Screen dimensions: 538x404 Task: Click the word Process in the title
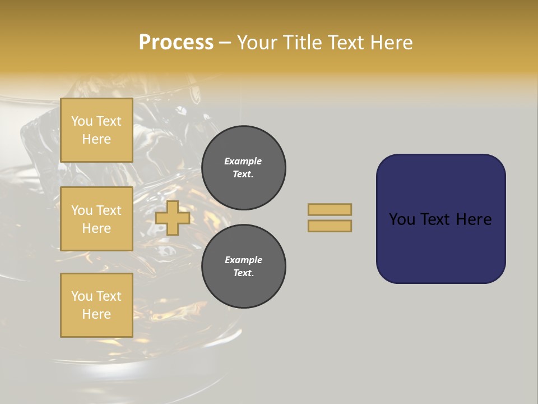176,42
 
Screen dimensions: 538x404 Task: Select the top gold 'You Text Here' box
96,130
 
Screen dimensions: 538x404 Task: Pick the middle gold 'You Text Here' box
96,219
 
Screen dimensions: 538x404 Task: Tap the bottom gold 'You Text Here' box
96,305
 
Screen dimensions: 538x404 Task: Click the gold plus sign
173,218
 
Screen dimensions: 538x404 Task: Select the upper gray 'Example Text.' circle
243,168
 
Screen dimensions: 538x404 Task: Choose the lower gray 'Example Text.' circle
243,267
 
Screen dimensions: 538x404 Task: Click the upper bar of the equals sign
330,209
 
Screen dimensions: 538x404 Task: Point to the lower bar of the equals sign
330,226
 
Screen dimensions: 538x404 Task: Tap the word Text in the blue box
435,219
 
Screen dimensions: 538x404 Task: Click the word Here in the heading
390,42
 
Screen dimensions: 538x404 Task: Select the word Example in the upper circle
243,161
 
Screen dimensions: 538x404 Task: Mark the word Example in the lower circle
243,260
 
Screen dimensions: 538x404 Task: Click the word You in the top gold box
82,121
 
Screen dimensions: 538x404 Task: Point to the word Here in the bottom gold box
96,314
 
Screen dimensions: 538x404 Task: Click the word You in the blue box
402,219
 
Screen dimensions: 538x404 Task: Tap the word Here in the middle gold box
96,228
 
